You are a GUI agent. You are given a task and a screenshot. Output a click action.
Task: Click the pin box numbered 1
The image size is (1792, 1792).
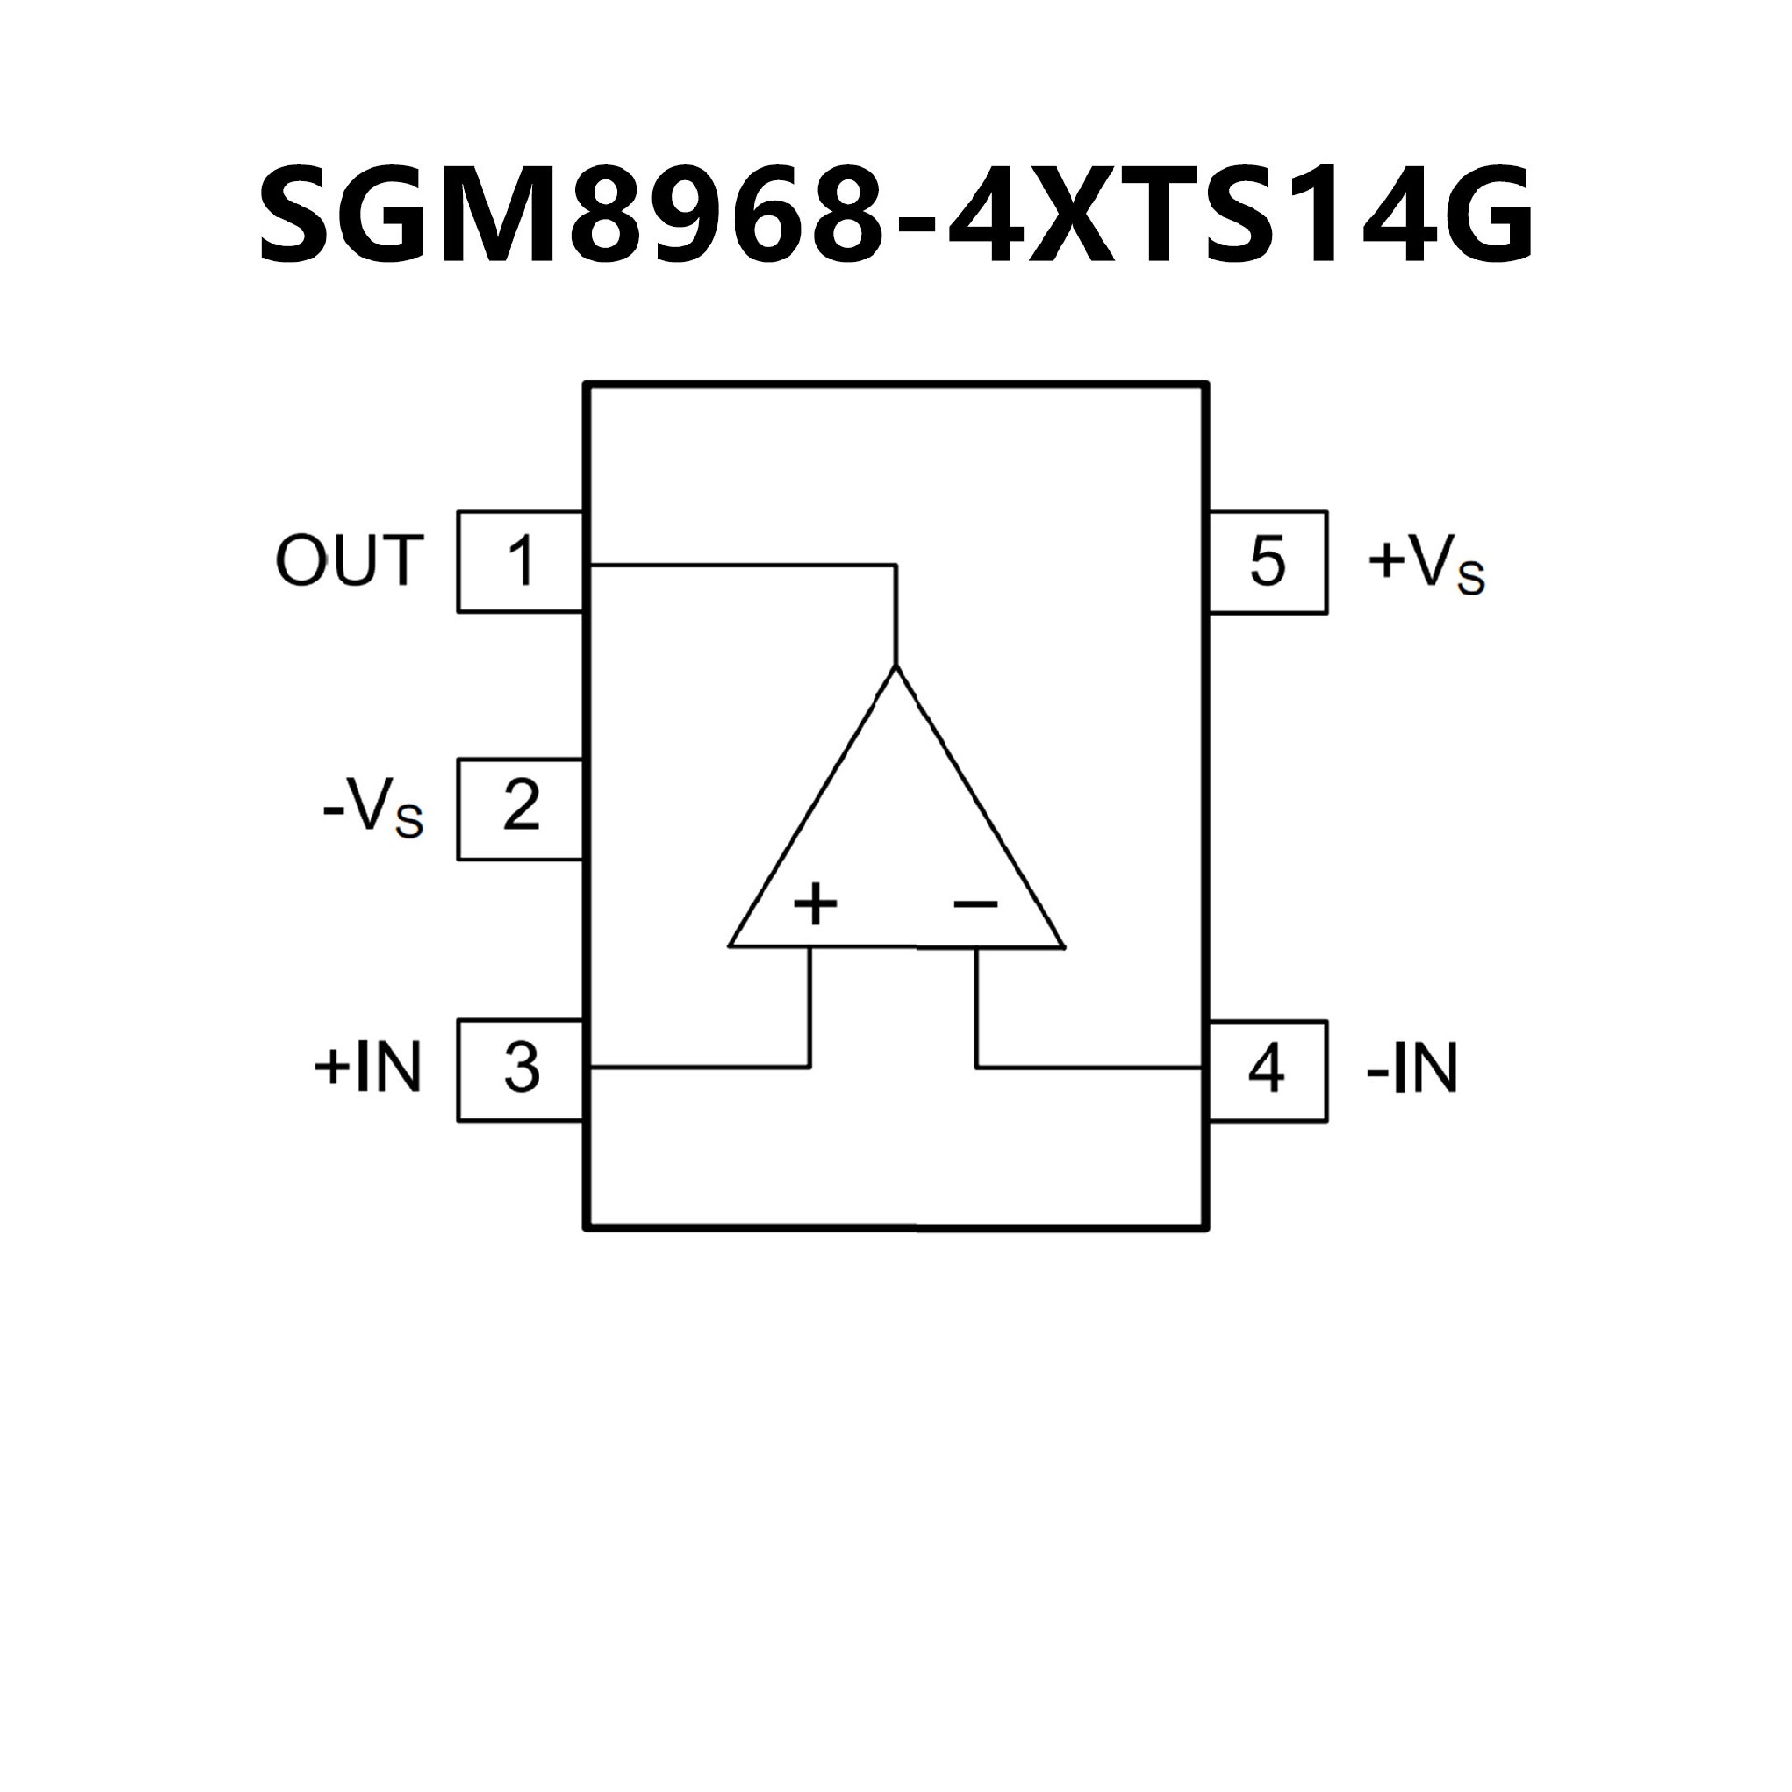pyautogui.click(x=521, y=562)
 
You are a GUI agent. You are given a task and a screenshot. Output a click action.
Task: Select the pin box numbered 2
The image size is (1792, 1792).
pyautogui.click(x=521, y=808)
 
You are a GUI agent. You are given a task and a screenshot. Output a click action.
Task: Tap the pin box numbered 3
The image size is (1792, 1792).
pyautogui.click(x=521, y=1070)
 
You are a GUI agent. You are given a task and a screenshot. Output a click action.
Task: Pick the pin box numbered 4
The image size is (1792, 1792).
pyautogui.click(x=1267, y=1071)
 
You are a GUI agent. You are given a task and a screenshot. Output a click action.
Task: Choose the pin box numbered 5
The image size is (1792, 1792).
pyautogui.click(x=1267, y=562)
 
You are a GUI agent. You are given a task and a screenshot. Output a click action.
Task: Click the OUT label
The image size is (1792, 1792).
pyautogui.click(x=350, y=561)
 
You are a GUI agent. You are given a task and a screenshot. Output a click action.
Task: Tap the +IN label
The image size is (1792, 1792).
pyautogui.click(x=369, y=1067)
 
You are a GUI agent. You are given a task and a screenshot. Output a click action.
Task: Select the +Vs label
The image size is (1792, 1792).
pyautogui.click(x=1425, y=566)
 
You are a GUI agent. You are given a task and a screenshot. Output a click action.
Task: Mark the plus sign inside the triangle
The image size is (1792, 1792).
pyautogui.click(x=816, y=903)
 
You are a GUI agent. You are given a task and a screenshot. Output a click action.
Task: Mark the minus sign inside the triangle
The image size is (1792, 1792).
pyautogui.click(x=975, y=903)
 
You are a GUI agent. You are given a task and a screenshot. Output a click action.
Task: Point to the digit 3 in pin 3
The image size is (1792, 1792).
pyautogui.click(x=521, y=1070)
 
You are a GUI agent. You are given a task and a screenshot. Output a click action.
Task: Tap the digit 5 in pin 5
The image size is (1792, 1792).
pyautogui.click(x=1267, y=562)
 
